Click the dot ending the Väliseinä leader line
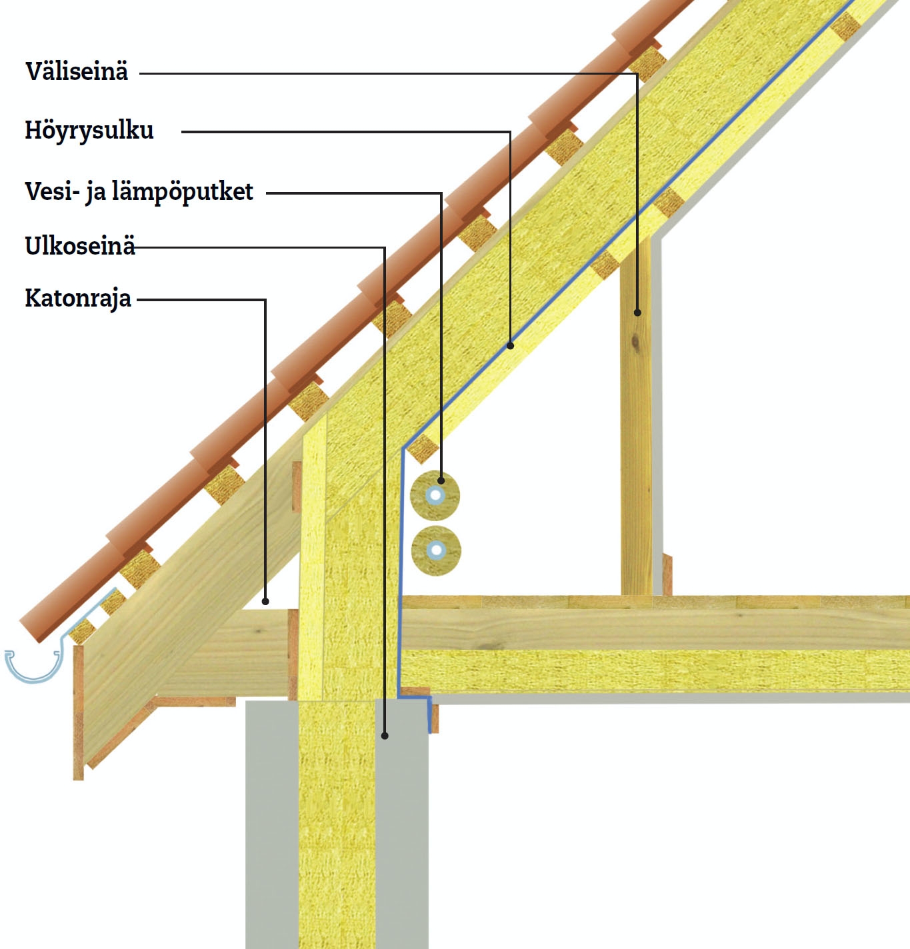point(637,313)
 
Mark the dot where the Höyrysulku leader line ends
point(511,346)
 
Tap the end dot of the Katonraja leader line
point(265,601)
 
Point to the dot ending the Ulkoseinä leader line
point(385,735)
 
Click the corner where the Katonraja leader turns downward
point(265,300)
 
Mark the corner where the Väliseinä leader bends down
point(637,73)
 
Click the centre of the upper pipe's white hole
point(436,496)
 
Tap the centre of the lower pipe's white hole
point(437,550)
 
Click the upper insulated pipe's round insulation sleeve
point(435,496)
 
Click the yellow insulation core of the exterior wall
point(337,824)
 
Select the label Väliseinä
point(77,71)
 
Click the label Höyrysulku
point(89,131)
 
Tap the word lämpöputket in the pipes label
point(183,192)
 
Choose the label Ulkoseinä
point(80,246)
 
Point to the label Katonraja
point(78,299)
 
